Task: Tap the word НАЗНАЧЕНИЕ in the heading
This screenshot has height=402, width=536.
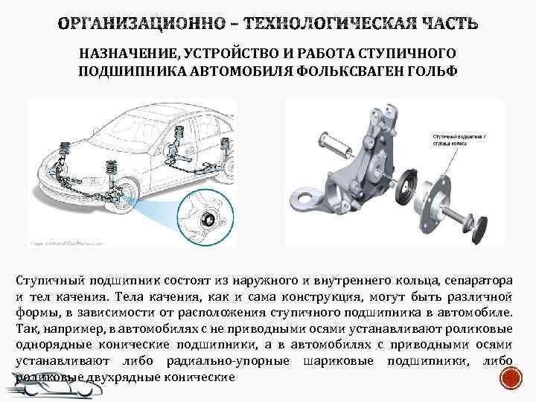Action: (x=121, y=54)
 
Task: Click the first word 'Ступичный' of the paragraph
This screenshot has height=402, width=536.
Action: (x=49, y=282)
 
